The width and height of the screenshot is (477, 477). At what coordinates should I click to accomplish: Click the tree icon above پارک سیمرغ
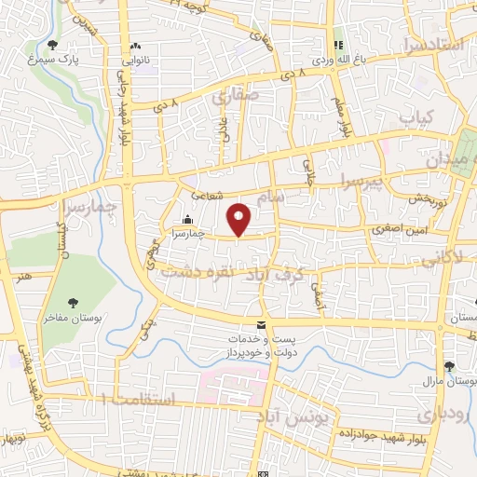point(52,44)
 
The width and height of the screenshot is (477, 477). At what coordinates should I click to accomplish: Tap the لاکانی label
point(445,254)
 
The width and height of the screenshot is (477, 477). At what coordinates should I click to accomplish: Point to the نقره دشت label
point(189,273)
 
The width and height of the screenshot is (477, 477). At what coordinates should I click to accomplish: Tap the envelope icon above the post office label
point(260,323)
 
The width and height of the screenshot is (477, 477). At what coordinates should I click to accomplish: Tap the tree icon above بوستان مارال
point(450,366)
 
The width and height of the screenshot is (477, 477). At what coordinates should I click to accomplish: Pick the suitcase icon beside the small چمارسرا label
point(188,221)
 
